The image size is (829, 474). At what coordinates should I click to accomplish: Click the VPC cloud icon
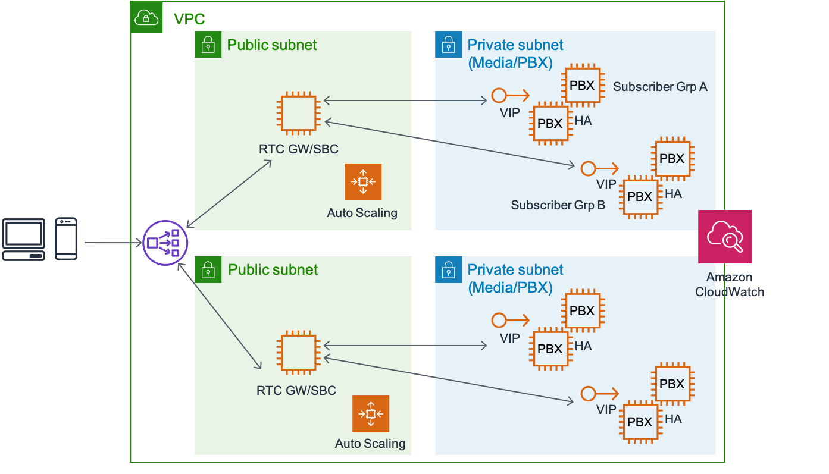(x=146, y=17)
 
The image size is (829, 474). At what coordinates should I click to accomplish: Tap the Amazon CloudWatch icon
(x=725, y=237)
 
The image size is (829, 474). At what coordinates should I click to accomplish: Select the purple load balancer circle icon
(x=165, y=243)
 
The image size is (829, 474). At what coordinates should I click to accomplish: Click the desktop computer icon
(x=24, y=240)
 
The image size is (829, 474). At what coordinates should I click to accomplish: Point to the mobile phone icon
(x=66, y=239)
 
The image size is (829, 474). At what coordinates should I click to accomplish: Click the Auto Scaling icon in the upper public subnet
(x=362, y=181)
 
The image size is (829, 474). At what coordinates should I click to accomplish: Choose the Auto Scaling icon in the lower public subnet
(x=370, y=414)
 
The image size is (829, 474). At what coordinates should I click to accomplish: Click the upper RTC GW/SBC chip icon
(x=299, y=113)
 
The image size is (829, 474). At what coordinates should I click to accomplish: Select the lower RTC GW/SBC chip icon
(x=299, y=352)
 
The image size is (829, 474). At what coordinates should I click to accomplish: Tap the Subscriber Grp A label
(x=660, y=87)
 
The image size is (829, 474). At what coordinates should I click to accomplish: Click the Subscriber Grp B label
(x=558, y=205)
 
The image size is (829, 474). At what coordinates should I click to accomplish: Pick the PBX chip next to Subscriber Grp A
(x=583, y=86)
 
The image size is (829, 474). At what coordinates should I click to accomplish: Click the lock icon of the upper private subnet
(x=449, y=45)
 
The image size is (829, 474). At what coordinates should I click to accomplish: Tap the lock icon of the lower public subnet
(x=208, y=269)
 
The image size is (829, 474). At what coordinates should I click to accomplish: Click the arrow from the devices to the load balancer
(x=113, y=243)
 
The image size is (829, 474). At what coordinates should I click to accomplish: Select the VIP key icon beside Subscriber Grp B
(x=599, y=168)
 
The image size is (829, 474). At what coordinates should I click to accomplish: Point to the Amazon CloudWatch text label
(x=730, y=284)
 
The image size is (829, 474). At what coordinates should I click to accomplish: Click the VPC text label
(x=189, y=19)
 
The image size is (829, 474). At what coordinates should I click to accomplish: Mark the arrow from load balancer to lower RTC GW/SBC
(x=220, y=316)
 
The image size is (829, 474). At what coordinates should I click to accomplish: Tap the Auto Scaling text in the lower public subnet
(x=370, y=443)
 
